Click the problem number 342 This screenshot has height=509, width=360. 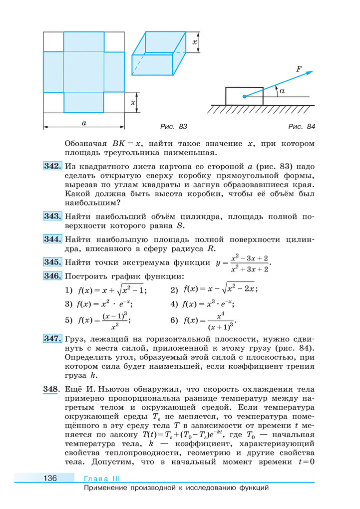pyautogui.click(x=52, y=166)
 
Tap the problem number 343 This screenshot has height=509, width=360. pyautogui.click(x=52, y=217)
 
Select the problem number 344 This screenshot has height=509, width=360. pyautogui.click(x=52, y=239)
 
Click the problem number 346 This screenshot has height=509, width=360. pyautogui.click(x=52, y=276)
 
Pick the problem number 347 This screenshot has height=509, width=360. pyautogui.click(x=52, y=339)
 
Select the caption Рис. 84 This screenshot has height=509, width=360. pyautogui.click(x=302, y=127)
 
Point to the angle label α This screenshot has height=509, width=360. pyautogui.click(x=282, y=91)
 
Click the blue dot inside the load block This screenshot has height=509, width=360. pyautogui.click(x=243, y=96)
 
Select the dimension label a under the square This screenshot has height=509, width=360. pyautogui.click(x=83, y=122)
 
